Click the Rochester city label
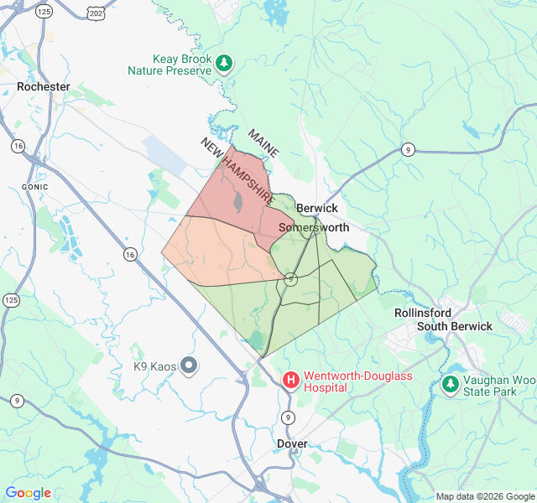(x=43, y=86)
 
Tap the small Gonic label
(x=35, y=186)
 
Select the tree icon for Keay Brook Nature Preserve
(x=224, y=62)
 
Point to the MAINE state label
(x=263, y=142)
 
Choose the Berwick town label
(x=316, y=208)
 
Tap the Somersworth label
(x=313, y=227)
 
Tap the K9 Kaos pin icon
(x=189, y=365)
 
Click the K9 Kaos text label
(x=152, y=366)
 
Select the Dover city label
(x=292, y=443)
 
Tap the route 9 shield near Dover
(x=289, y=417)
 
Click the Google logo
(x=29, y=493)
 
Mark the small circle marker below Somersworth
(x=290, y=279)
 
